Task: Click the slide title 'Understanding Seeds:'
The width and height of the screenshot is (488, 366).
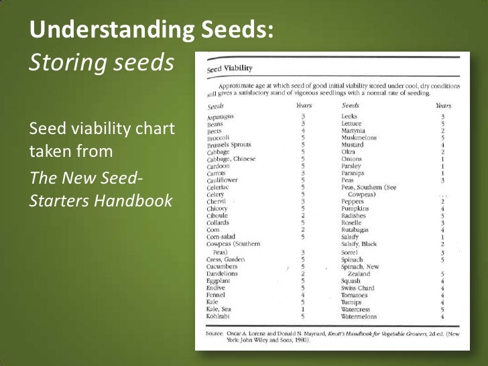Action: (x=151, y=30)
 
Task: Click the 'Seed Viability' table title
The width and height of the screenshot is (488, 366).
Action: (x=231, y=68)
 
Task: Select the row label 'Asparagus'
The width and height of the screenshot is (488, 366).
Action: (x=221, y=117)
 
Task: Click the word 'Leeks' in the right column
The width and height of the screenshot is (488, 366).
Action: (x=351, y=116)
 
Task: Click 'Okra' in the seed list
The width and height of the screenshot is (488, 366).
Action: (x=349, y=151)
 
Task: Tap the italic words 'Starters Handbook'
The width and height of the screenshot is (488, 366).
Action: (x=100, y=200)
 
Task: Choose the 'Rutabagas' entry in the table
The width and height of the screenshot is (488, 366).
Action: (x=357, y=231)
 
